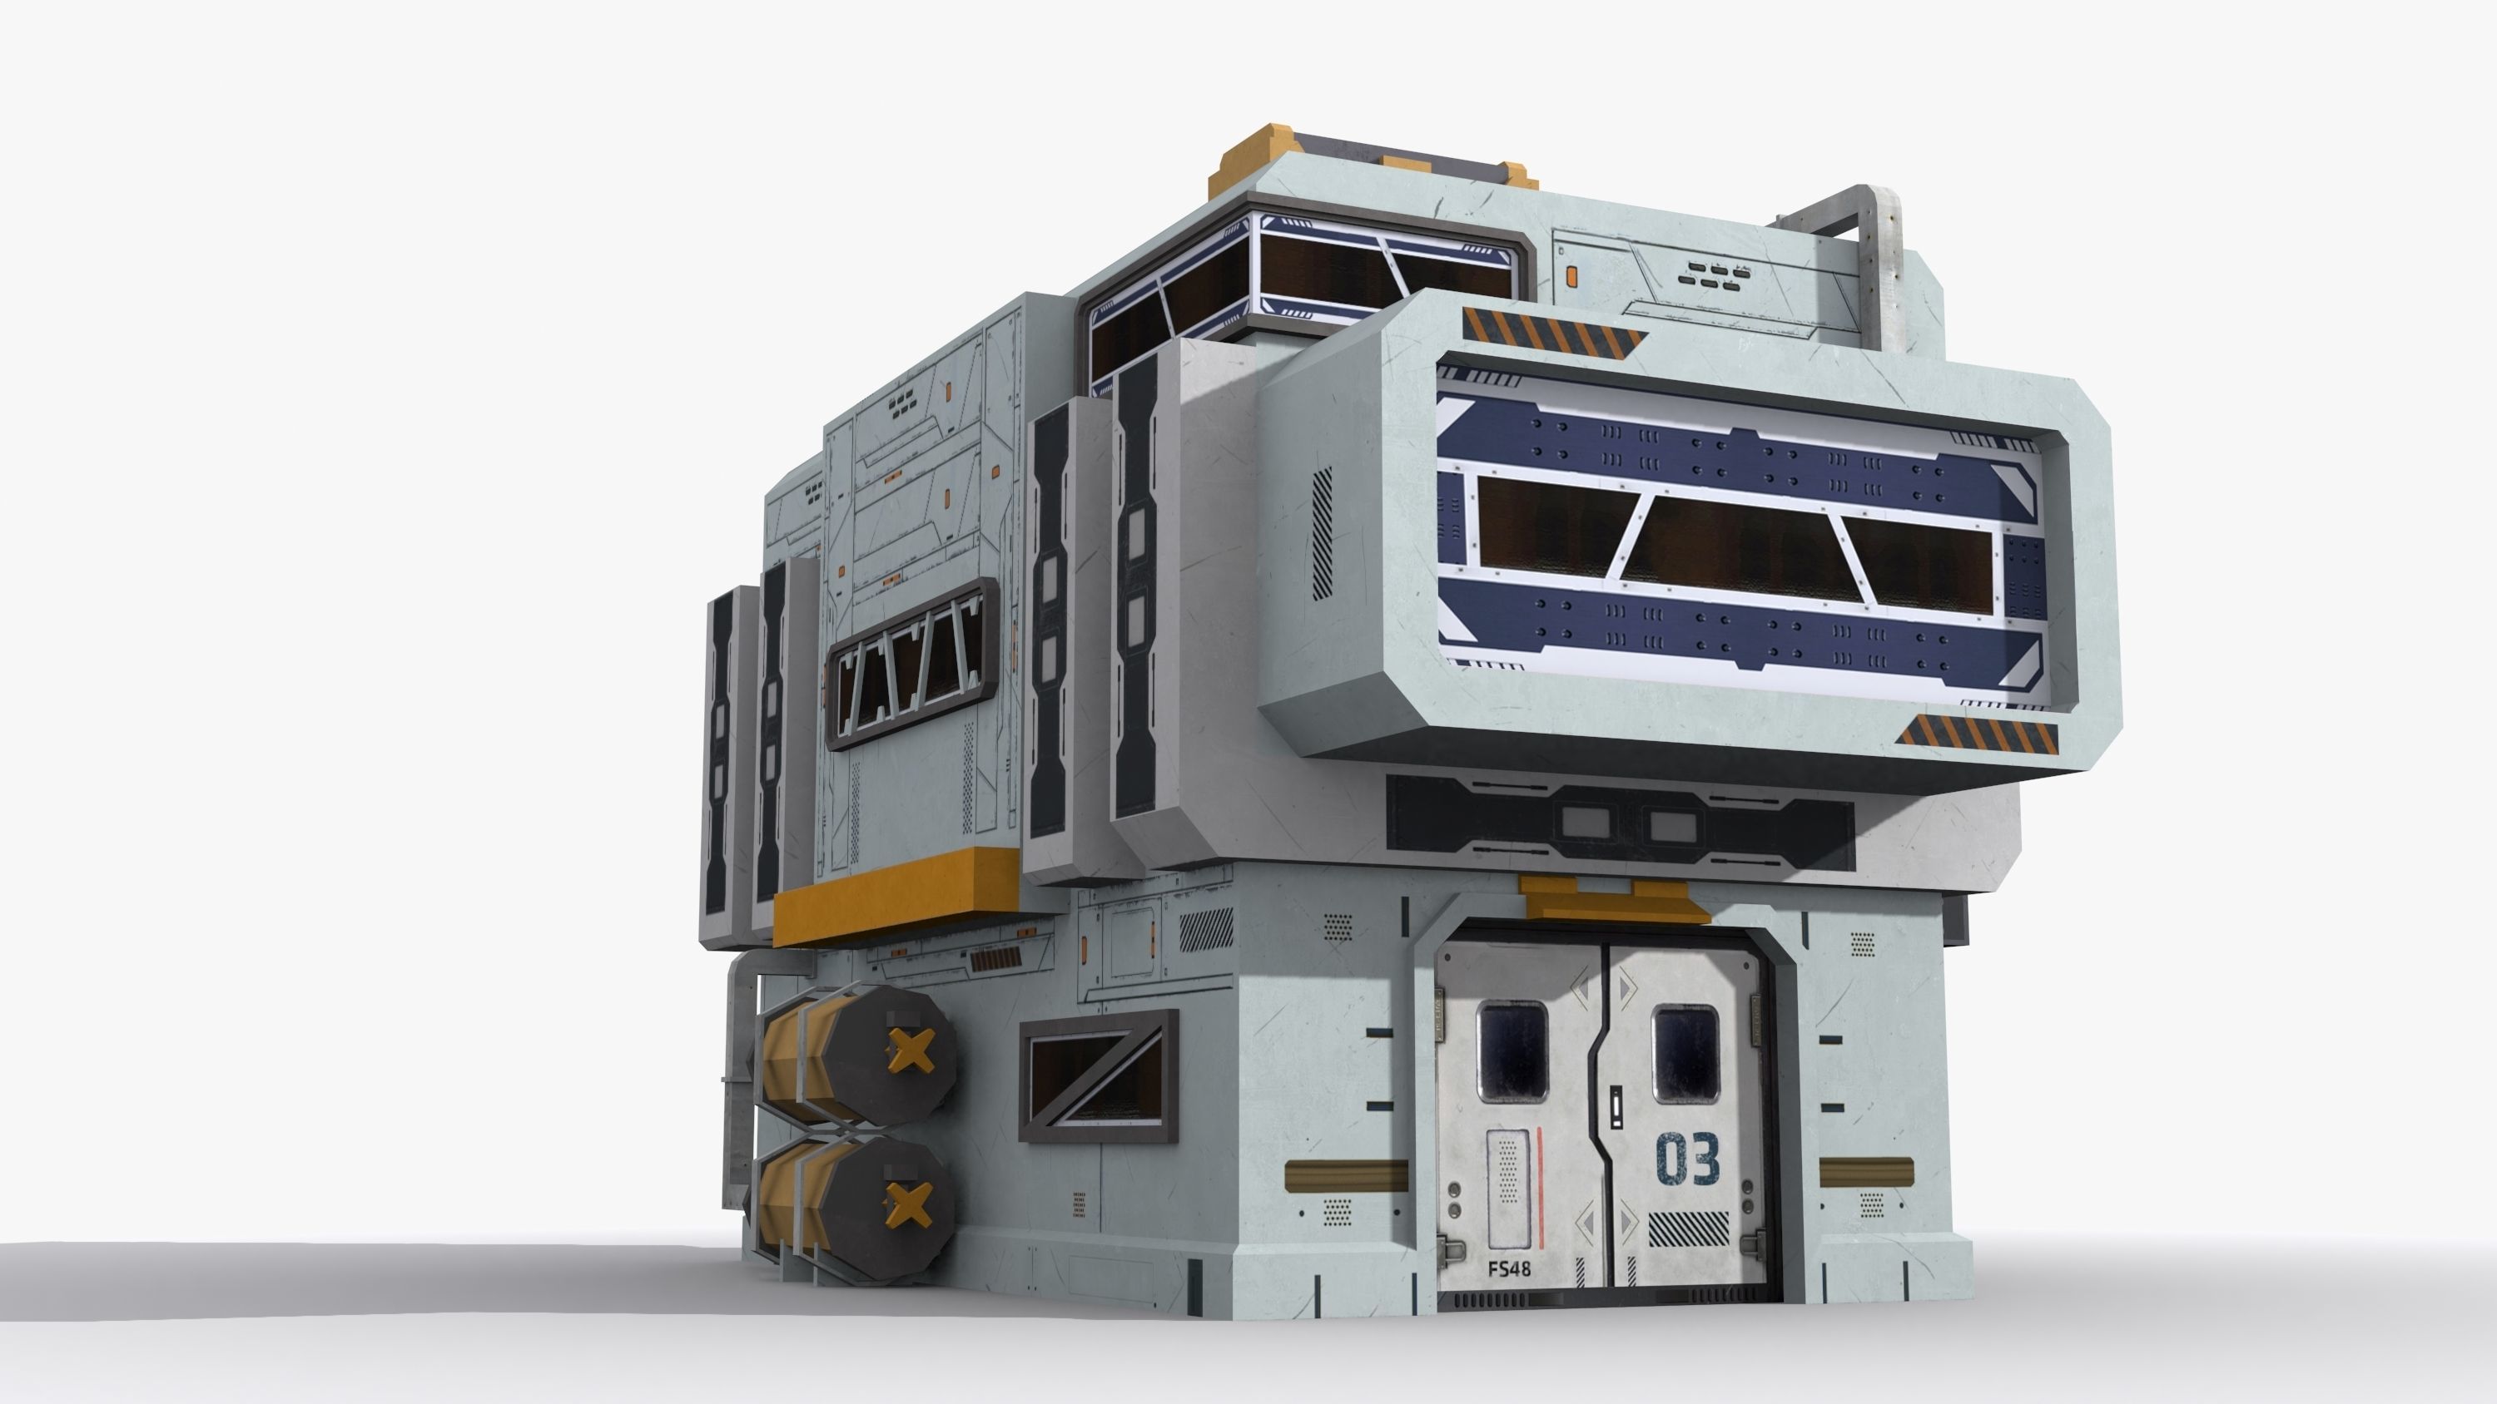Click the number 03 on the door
click(x=1688, y=1159)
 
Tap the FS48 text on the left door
click(x=1508, y=1268)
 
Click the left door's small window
click(x=1512, y=1052)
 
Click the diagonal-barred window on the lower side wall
click(x=1098, y=1075)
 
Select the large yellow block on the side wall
click(x=895, y=897)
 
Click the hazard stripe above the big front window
click(x=1553, y=328)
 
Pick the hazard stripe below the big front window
click(x=1978, y=736)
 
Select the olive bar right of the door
click(x=1866, y=1173)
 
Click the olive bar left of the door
click(x=1345, y=1174)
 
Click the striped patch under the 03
click(x=1688, y=1228)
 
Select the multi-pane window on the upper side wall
click(x=911, y=665)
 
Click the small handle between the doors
click(x=1616, y=1105)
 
